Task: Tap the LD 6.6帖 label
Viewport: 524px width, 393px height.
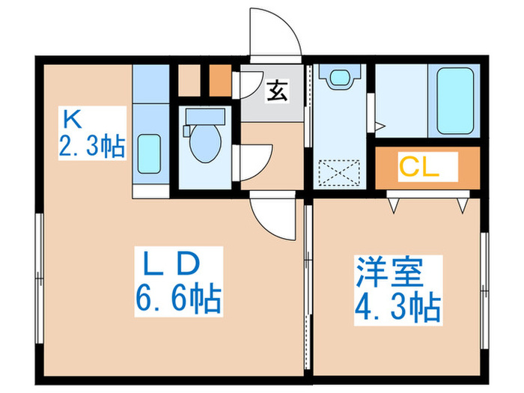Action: [x=177, y=283]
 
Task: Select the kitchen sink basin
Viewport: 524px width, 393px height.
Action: [x=150, y=155]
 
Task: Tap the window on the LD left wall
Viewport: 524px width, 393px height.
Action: [x=37, y=277]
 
